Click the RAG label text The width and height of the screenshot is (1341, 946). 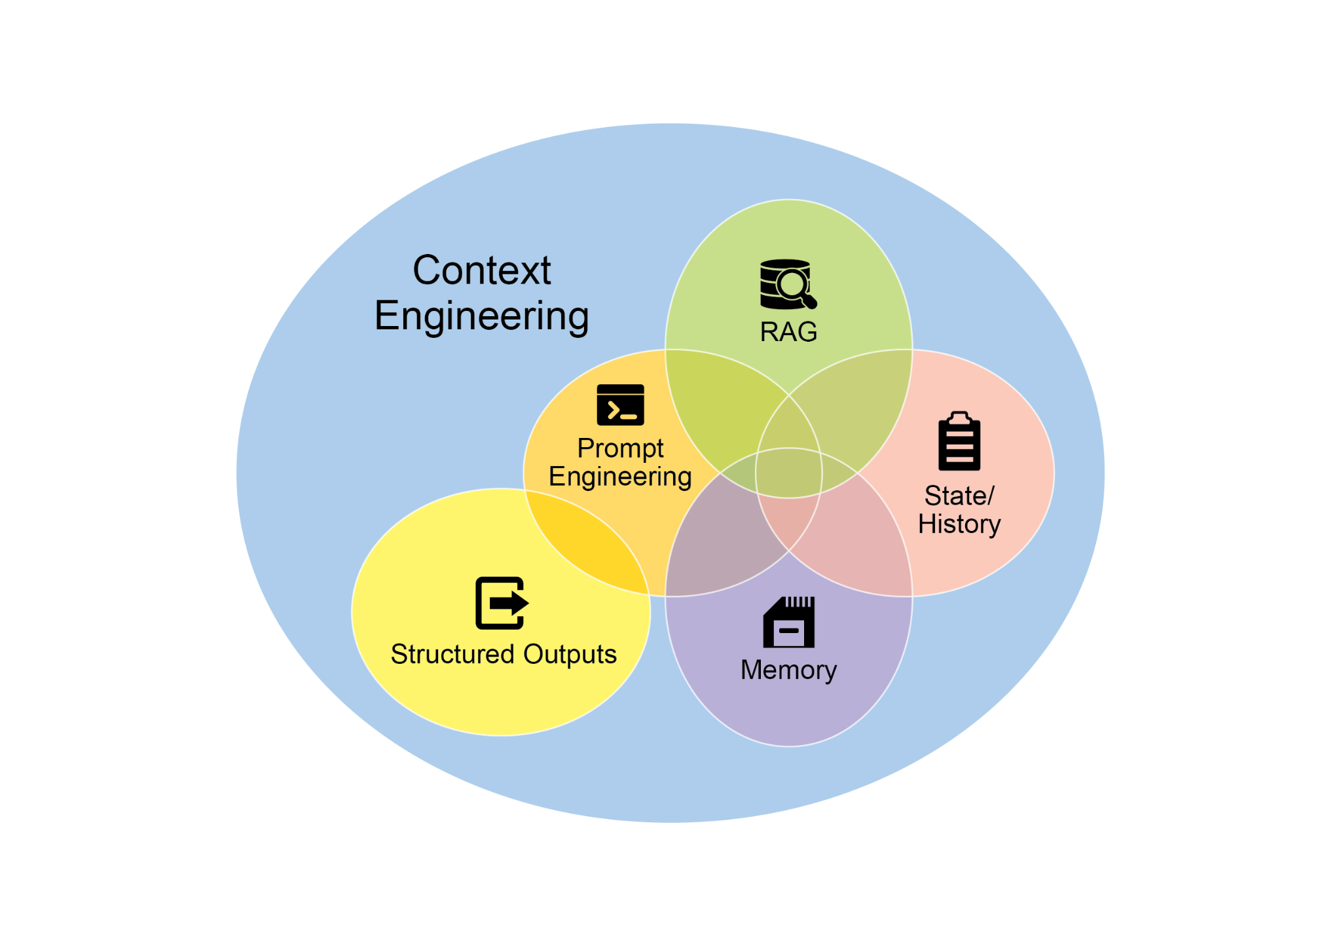tap(788, 332)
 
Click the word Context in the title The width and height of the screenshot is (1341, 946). tap(482, 270)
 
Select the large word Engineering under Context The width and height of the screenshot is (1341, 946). tap(482, 316)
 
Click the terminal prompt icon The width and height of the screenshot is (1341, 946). tap(620, 405)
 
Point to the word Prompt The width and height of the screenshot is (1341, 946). tap(620, 448)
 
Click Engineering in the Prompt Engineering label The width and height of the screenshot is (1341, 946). tap(620, 477)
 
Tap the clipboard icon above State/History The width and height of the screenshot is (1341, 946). tap(959, 441)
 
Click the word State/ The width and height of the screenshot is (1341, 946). tap(959, 496)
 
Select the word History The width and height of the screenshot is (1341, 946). tap(959, 524)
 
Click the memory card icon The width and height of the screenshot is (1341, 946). tap(788, 622)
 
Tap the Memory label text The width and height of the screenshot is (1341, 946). tap(788, 670)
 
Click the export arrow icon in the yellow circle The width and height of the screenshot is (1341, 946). tap(501, 603)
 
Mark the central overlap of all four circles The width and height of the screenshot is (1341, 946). tap(788, 473)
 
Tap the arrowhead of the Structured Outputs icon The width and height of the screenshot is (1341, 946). tap(520, 602)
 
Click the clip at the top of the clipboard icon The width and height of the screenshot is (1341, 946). tap(959, 417)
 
